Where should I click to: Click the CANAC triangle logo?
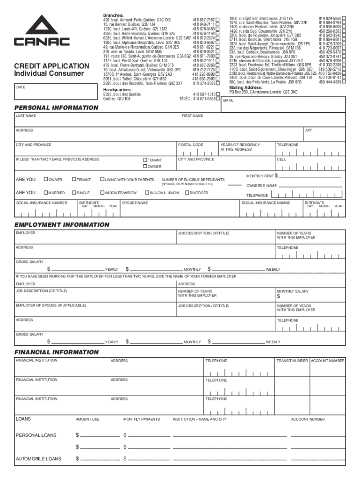click(x=42, y=31)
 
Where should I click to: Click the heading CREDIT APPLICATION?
click(x=51, y=66)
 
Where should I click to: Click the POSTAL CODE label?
click(x=190, y=145)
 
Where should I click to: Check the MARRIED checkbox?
click(x=45, y=193)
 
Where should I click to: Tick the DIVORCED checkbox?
click(x=186, y=193)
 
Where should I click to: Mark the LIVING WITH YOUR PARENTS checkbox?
click(x=102, y=180)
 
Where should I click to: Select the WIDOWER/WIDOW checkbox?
click(x=102, y=193)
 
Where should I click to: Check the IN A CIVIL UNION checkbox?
click(x=146, y=193)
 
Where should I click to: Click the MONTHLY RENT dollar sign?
click(x=276, y=176)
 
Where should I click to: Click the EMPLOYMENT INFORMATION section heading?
click(x=62, y=225)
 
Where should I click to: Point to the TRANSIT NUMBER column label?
click(x=292, y=361)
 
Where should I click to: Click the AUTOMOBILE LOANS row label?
click(x=38, y=459)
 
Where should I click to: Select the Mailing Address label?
click(x=245, y=87)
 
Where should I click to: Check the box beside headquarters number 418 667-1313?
click(x=218, y=94)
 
